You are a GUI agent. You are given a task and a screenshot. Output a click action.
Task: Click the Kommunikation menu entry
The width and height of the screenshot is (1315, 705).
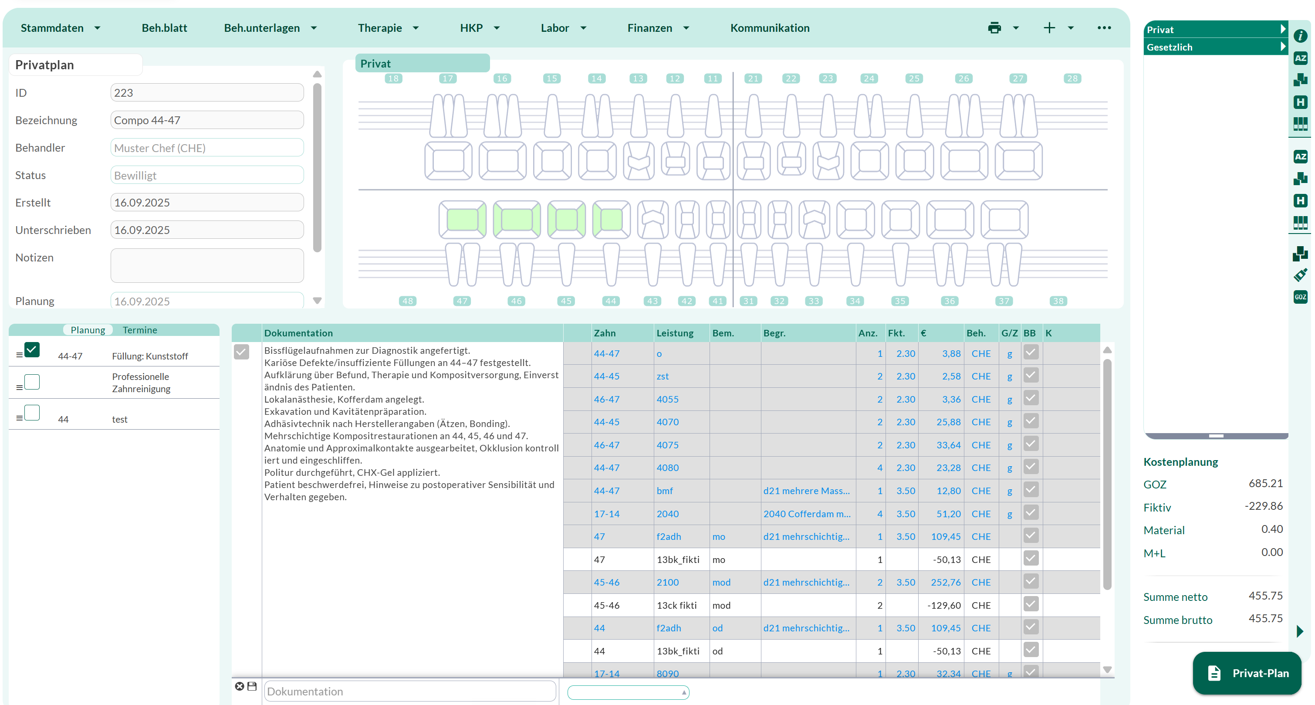pos(769,28)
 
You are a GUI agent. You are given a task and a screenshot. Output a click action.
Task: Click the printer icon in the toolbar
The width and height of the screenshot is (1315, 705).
pos(994,28)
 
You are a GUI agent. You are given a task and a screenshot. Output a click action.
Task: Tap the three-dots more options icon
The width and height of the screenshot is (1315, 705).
pos(1104,28)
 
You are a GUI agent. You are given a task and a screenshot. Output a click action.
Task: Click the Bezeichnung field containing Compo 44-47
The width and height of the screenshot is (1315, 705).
pos(207,121)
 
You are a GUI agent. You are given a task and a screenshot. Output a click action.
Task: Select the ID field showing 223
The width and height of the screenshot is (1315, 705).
pos(207,93)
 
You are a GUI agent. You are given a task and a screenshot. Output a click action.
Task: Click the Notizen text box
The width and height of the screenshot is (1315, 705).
pos(207,265)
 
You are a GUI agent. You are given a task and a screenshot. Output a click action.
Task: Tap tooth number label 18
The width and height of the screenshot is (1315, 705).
pos(393,78)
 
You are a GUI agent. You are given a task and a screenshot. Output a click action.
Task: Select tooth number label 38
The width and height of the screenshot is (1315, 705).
pos(1058,301)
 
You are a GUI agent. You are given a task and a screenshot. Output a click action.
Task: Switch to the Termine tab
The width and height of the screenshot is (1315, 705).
pos(140,330)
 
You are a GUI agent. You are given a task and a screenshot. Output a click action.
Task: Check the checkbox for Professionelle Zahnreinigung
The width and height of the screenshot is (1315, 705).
pos(32,382)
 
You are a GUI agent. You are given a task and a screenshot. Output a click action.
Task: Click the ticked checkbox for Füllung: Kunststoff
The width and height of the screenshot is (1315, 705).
pos(32,350)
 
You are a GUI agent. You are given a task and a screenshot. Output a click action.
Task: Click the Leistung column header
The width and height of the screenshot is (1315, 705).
pos(675,333)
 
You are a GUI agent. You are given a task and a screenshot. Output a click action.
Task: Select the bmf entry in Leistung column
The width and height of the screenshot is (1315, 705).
pos(665,491)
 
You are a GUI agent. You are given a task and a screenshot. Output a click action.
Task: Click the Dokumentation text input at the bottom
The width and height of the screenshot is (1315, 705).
pos(410,691)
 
